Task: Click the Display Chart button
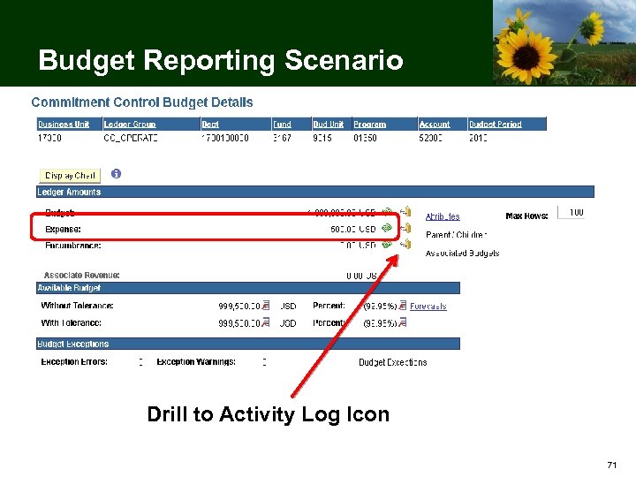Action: coord(71,175)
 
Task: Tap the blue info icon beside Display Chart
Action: coord(116,173)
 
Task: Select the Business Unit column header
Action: coord(64,125)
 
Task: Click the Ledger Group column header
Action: coord(130,125)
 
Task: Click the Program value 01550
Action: coord(366,138)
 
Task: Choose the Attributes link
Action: coord(443,216)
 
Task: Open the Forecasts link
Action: coord(428,307)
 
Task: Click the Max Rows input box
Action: coord(571,213)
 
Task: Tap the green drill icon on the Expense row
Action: coord(387,229)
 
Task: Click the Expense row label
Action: coord(63,229)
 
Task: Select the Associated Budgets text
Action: coord(462,254)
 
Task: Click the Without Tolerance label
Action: coord(78,307)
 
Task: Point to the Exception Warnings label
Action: coord(196,362)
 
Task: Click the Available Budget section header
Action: coord(70,288)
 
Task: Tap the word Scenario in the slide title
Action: coord(344,61)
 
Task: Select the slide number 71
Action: coord(611,465)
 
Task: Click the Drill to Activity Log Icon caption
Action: coord(268,414)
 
